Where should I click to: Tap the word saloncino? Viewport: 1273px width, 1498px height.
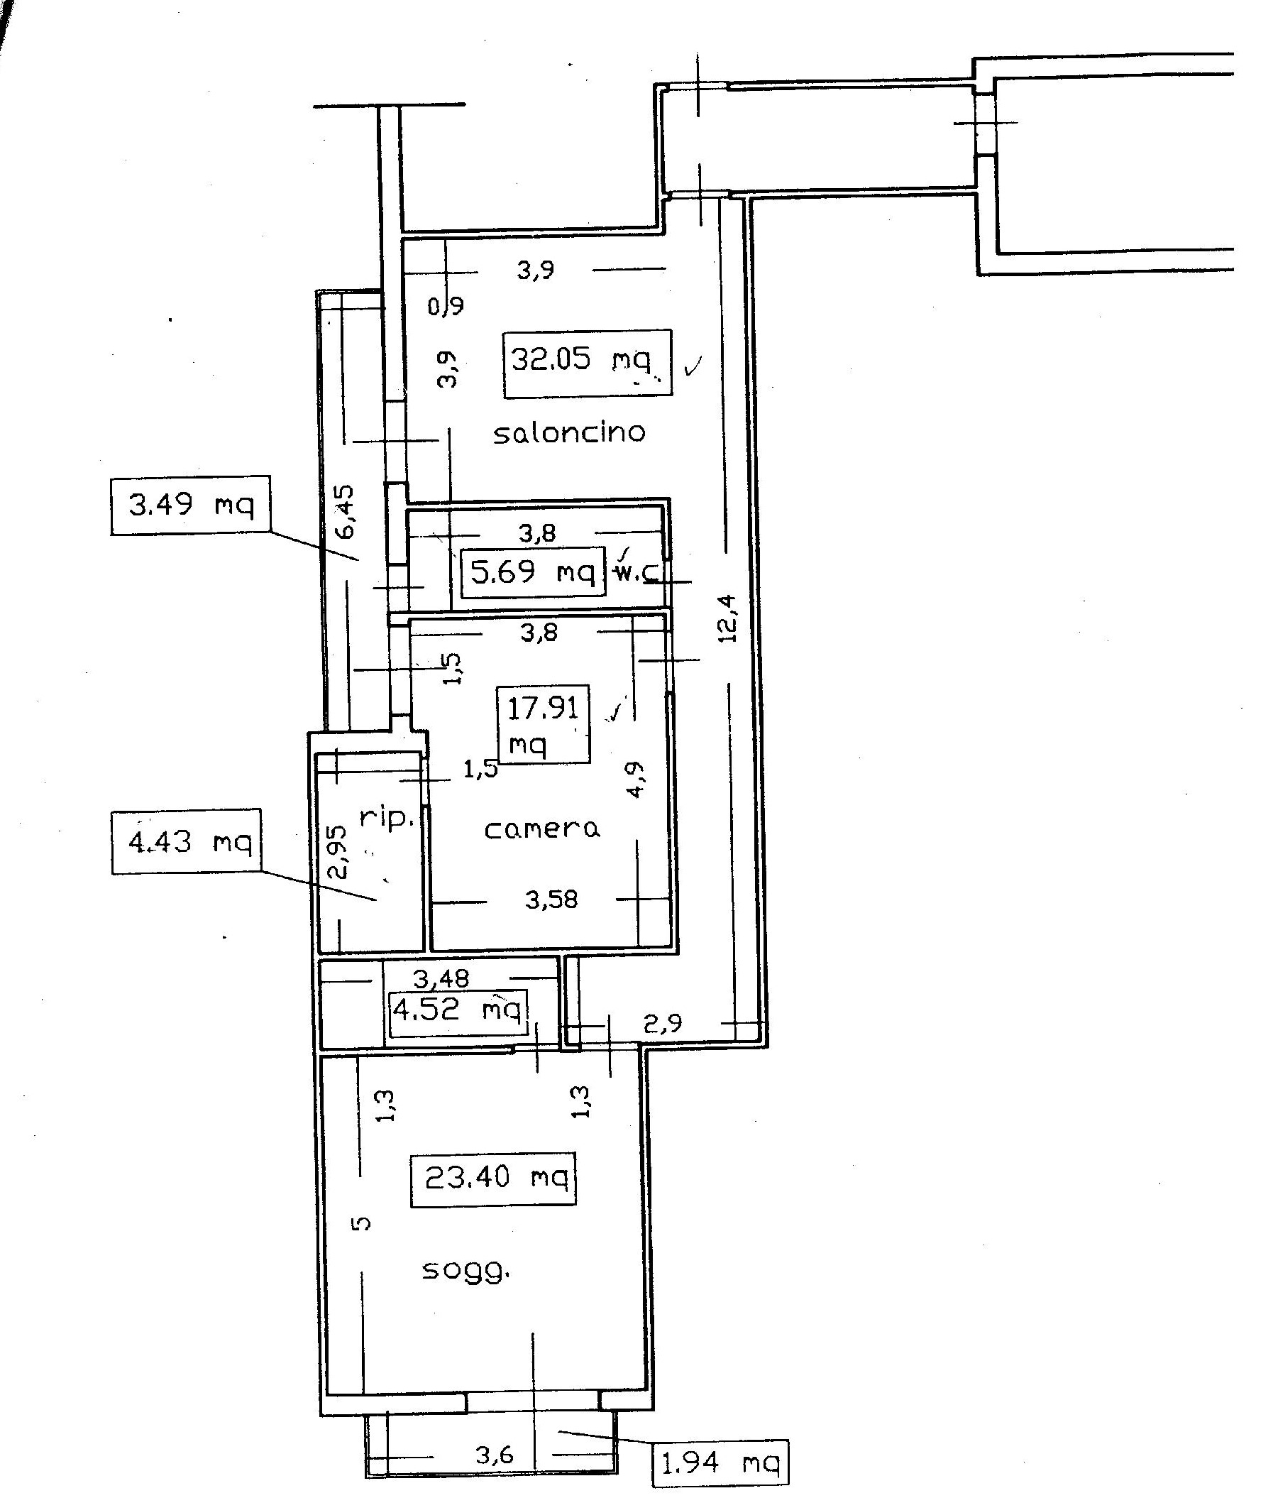[x=568, y=432]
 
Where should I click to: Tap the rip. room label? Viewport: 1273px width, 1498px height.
[x=387, y=819]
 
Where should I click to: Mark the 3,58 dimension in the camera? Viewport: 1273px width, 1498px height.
[x=551, y=900]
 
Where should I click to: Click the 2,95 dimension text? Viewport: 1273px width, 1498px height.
[x=337, y=851]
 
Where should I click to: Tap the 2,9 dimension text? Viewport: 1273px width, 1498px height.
[x=663, y=1023]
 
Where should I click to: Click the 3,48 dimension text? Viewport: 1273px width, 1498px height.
[x=441, y=978]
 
